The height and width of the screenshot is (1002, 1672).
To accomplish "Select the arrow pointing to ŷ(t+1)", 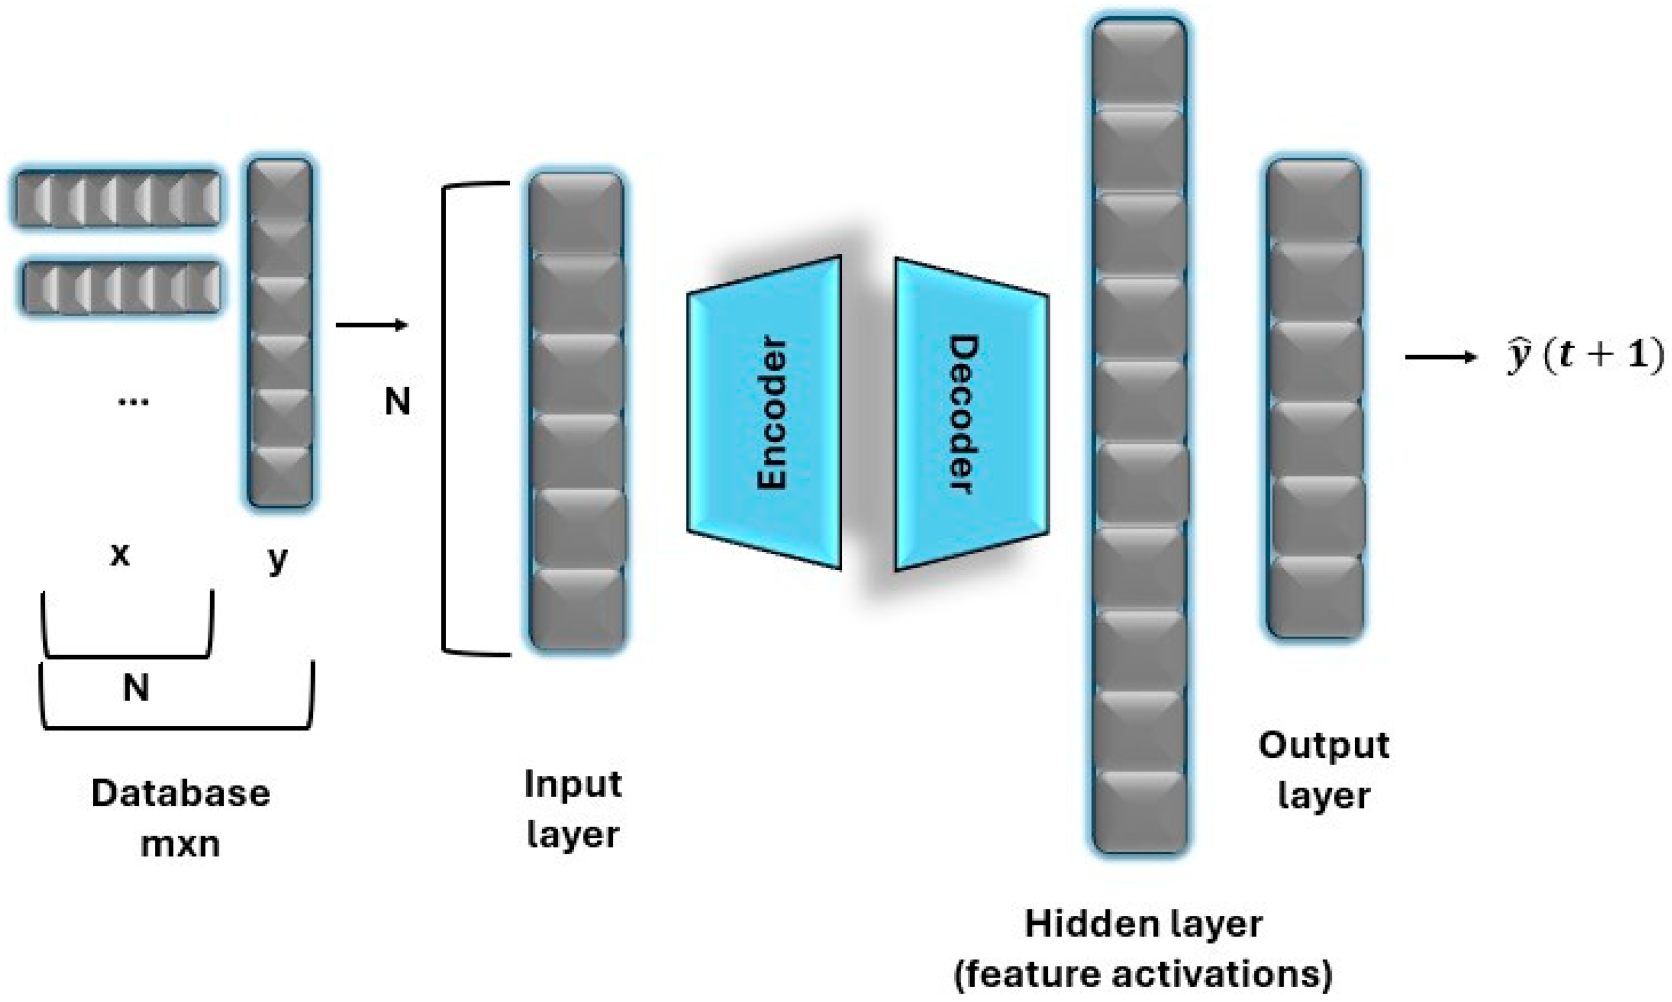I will click(1440, 357).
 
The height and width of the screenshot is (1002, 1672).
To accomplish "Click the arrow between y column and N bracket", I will click(372, 325).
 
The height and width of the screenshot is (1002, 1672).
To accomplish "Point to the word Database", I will click(180, 794).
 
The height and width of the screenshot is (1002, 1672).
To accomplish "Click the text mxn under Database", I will click(180, 844).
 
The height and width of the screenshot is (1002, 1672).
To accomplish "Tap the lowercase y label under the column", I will click(277, 559).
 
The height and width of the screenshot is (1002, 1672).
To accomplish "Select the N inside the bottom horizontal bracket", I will click(136, 689).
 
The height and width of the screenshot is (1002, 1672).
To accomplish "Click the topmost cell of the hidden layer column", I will click(1139, 64).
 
